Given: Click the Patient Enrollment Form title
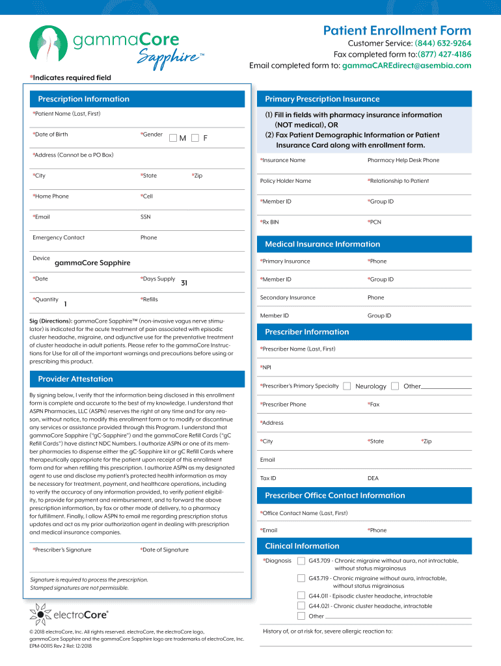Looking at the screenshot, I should click(x=397, y=31).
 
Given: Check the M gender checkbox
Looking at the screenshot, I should click(x=173, y=138).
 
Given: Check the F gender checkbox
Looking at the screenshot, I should click(x=195, y=138).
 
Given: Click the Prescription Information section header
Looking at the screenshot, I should click(x=83, y=99).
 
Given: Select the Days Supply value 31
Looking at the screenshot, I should click(x=184, y=282).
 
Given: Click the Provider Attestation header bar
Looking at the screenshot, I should click(x=75, y=379).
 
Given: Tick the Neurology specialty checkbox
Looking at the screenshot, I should click(x=347, y=386).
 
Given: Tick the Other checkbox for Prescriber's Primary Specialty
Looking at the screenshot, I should click(x=395, y=386).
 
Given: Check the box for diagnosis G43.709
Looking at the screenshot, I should click(x=301, y=561).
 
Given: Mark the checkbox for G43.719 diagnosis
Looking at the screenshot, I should click(x=301, y=578).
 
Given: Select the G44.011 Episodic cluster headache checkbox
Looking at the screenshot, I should click(x=301, y=595).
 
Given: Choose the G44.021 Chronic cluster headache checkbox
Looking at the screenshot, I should click(x=301, y=606).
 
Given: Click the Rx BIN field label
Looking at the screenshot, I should click(x=269, y=222).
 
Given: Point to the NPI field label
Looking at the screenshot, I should click(x=265, y=367).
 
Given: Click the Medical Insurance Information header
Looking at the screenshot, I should click(x=322, y=244).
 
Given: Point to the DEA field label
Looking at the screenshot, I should click(x=373, y=478).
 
